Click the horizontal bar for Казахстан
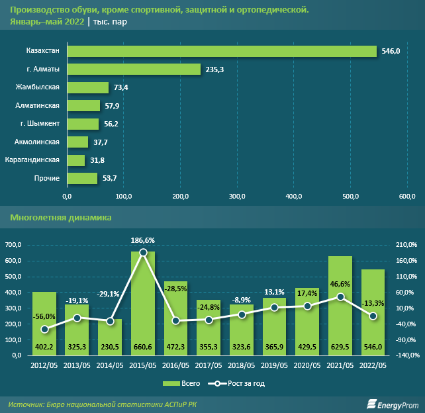point(222,51)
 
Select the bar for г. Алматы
point(134,69)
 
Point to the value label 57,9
point(111,105)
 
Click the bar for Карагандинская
point(76,160)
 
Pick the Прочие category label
point(47,178)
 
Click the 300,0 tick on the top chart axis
point(237,197)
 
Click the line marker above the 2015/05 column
point(143,252)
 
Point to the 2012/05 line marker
point(44,329)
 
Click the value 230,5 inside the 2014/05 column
point(110,347)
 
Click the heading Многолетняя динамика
point(61,217)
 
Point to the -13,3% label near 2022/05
point(373,303)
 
